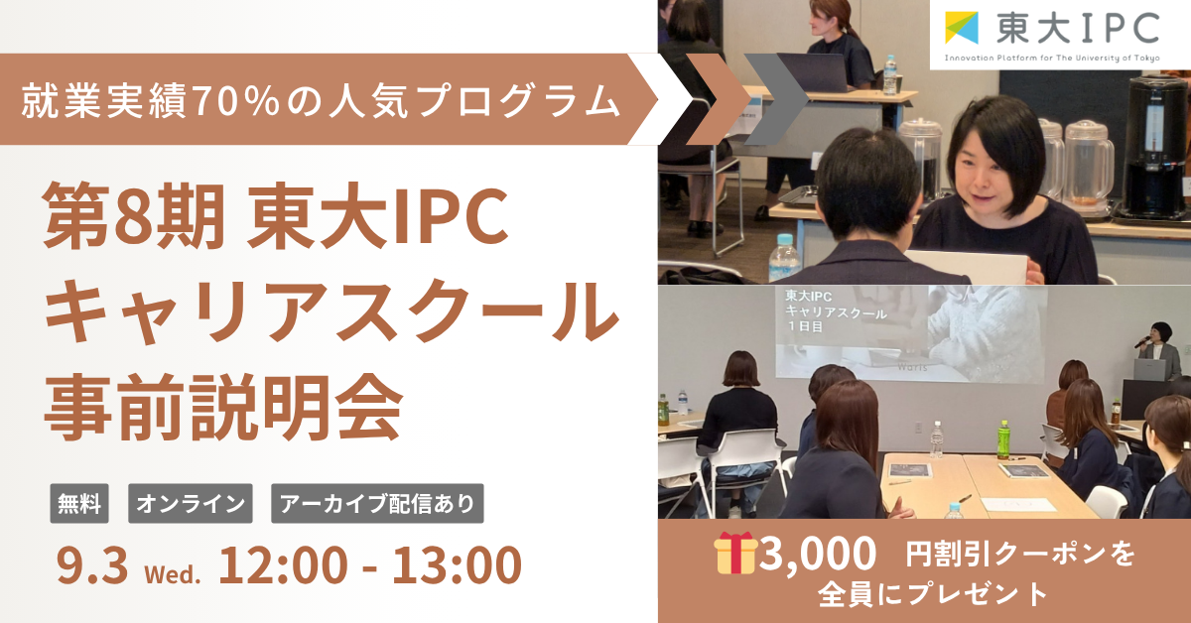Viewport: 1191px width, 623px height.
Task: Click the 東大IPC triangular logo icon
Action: (x=962, y=28)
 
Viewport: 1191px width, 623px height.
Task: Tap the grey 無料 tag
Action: (x=79, y=503)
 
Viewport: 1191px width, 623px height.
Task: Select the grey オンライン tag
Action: (x=191, y=503)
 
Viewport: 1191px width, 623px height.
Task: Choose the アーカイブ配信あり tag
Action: (x=377, y=503)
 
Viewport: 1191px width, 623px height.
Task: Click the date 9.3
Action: (x=92, y=565)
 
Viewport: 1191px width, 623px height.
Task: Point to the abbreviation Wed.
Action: (x=173, y=574)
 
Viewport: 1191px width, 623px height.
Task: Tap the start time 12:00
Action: (x=283, y=565)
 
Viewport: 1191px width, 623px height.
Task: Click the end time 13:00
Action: (x=457, y=565)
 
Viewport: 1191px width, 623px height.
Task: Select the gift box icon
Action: (x=735, y=553)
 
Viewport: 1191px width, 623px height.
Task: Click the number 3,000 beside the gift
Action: (x=817, y=554)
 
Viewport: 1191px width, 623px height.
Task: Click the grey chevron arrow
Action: (x=776, y=99)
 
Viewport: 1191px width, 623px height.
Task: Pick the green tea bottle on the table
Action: (x=1002, y=440)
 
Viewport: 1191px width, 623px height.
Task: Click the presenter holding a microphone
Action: (x=1159, y=351)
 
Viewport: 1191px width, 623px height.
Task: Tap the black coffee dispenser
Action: (x=1155, y=146)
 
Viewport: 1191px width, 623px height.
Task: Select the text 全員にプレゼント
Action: (x=933, y=595)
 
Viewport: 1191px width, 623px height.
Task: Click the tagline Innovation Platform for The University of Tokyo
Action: (x=1052, y=58)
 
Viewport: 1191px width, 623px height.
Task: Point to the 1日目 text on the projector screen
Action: (x=805, y=326)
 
